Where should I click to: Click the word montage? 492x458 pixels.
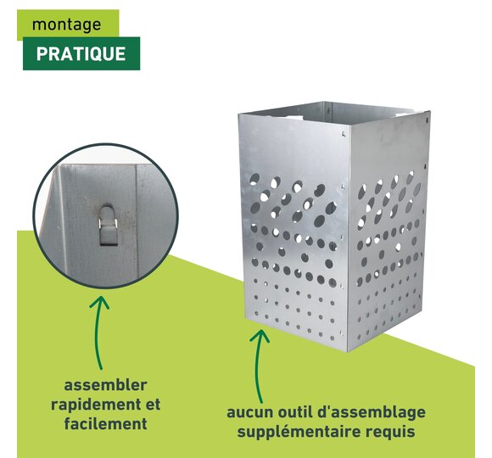[66, 25]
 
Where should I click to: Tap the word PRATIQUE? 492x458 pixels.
[81, 54]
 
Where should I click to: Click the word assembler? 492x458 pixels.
[105, 385]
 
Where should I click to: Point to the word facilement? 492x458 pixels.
[105, 423]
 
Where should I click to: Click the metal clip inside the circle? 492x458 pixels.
[109, 225]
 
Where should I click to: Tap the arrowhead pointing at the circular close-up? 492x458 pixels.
[100, 301]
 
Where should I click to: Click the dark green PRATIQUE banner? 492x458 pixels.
[81, 53]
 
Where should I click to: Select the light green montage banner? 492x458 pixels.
[68, 24]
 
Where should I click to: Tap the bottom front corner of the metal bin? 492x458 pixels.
[347, 351]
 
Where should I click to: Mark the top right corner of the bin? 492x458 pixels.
[430, 111]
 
